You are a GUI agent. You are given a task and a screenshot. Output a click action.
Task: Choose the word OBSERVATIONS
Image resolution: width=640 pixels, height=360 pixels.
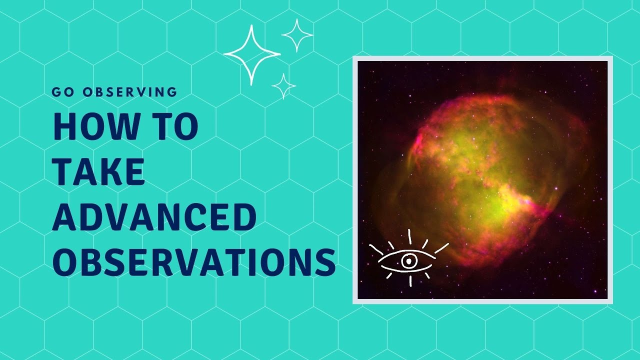[x=194, y=262]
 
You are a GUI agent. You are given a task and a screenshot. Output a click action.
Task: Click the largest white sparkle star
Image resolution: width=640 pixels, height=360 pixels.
[x=251, y=54]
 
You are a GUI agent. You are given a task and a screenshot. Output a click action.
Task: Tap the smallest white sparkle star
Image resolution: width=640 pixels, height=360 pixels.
[x=283, y=86]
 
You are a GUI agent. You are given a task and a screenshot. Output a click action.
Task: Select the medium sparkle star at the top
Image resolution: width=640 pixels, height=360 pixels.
[x=297, y=35]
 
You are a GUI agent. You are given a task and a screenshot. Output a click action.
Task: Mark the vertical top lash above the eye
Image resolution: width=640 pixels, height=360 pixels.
[x=409, y=236]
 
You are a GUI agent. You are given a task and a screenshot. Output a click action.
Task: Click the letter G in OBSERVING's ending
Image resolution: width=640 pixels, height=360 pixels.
[x=172, y=92]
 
